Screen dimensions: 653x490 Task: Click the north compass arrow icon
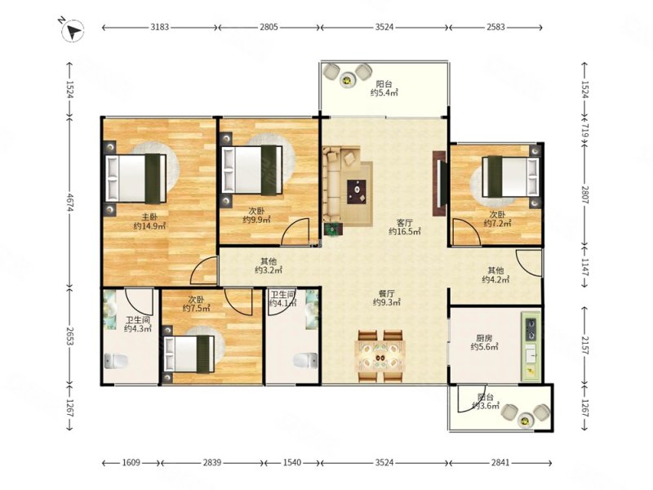point(73,30)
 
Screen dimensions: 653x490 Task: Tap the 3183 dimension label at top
point(159,27)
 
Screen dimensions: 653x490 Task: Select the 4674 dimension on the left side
point(69,202)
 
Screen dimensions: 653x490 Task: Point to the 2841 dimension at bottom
point(500,462)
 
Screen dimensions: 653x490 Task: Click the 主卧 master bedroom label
point(149,216)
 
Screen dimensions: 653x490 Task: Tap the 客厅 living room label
point(404,222)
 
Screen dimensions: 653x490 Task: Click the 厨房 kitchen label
point(485,338)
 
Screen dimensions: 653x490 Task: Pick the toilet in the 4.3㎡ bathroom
point(115,361)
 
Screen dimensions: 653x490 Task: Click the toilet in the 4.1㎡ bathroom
point(305,360)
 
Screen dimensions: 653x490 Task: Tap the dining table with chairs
point(380,356)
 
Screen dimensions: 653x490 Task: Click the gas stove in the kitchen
point(531,329)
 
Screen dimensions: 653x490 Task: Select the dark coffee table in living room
point(357,192)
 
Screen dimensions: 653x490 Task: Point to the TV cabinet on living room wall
point(439,183)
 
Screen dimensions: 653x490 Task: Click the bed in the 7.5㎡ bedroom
point(189,354)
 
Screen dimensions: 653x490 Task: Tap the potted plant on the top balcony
point(347,79)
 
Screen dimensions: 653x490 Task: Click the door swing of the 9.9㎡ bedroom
point(295,231)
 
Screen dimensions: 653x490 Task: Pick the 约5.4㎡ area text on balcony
point(384,92)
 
